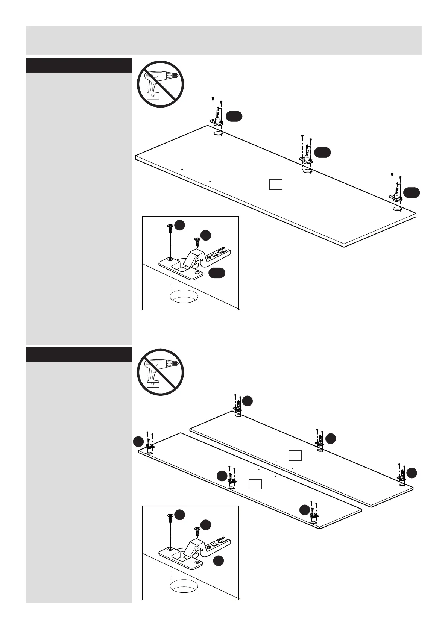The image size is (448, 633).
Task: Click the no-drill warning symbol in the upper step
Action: click(160, 84)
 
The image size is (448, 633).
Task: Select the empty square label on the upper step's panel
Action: click(276, 185)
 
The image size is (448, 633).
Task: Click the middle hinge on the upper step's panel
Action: click(307, 156)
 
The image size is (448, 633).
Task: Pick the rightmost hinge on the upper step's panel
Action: click(396, 193)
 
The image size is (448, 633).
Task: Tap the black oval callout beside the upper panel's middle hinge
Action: click(322, 152)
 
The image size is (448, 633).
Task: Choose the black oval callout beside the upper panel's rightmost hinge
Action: click(412, 192)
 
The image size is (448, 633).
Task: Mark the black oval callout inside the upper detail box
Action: click(217, 273)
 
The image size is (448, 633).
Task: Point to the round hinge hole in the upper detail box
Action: click(184, 297)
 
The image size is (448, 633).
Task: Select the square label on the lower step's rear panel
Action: click(295, 456)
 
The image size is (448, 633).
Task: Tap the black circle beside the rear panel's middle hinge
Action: click(330, 438)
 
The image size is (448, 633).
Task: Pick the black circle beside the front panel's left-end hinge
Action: click(139, 442)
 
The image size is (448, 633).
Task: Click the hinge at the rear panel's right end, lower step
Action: click(401, 474)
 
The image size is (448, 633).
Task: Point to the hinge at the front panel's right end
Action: click(313, 512)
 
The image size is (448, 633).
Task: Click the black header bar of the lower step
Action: click(79, 354)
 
